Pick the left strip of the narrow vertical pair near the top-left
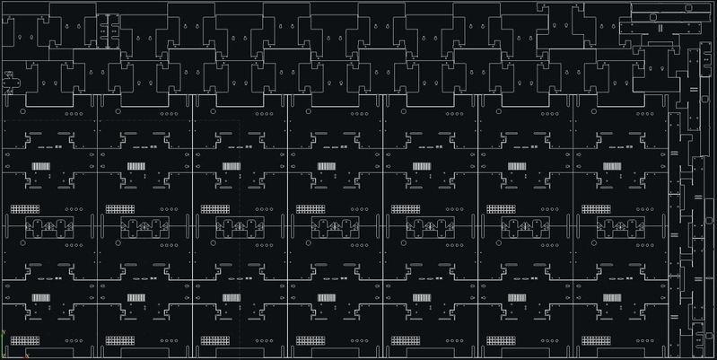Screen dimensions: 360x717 click(x=101, y=27)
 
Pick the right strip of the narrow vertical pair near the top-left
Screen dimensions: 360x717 click(x=112, y=27)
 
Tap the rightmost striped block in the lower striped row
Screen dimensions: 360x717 click(x=614, y=297)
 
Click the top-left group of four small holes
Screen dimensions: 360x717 click(x=73, y=114)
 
